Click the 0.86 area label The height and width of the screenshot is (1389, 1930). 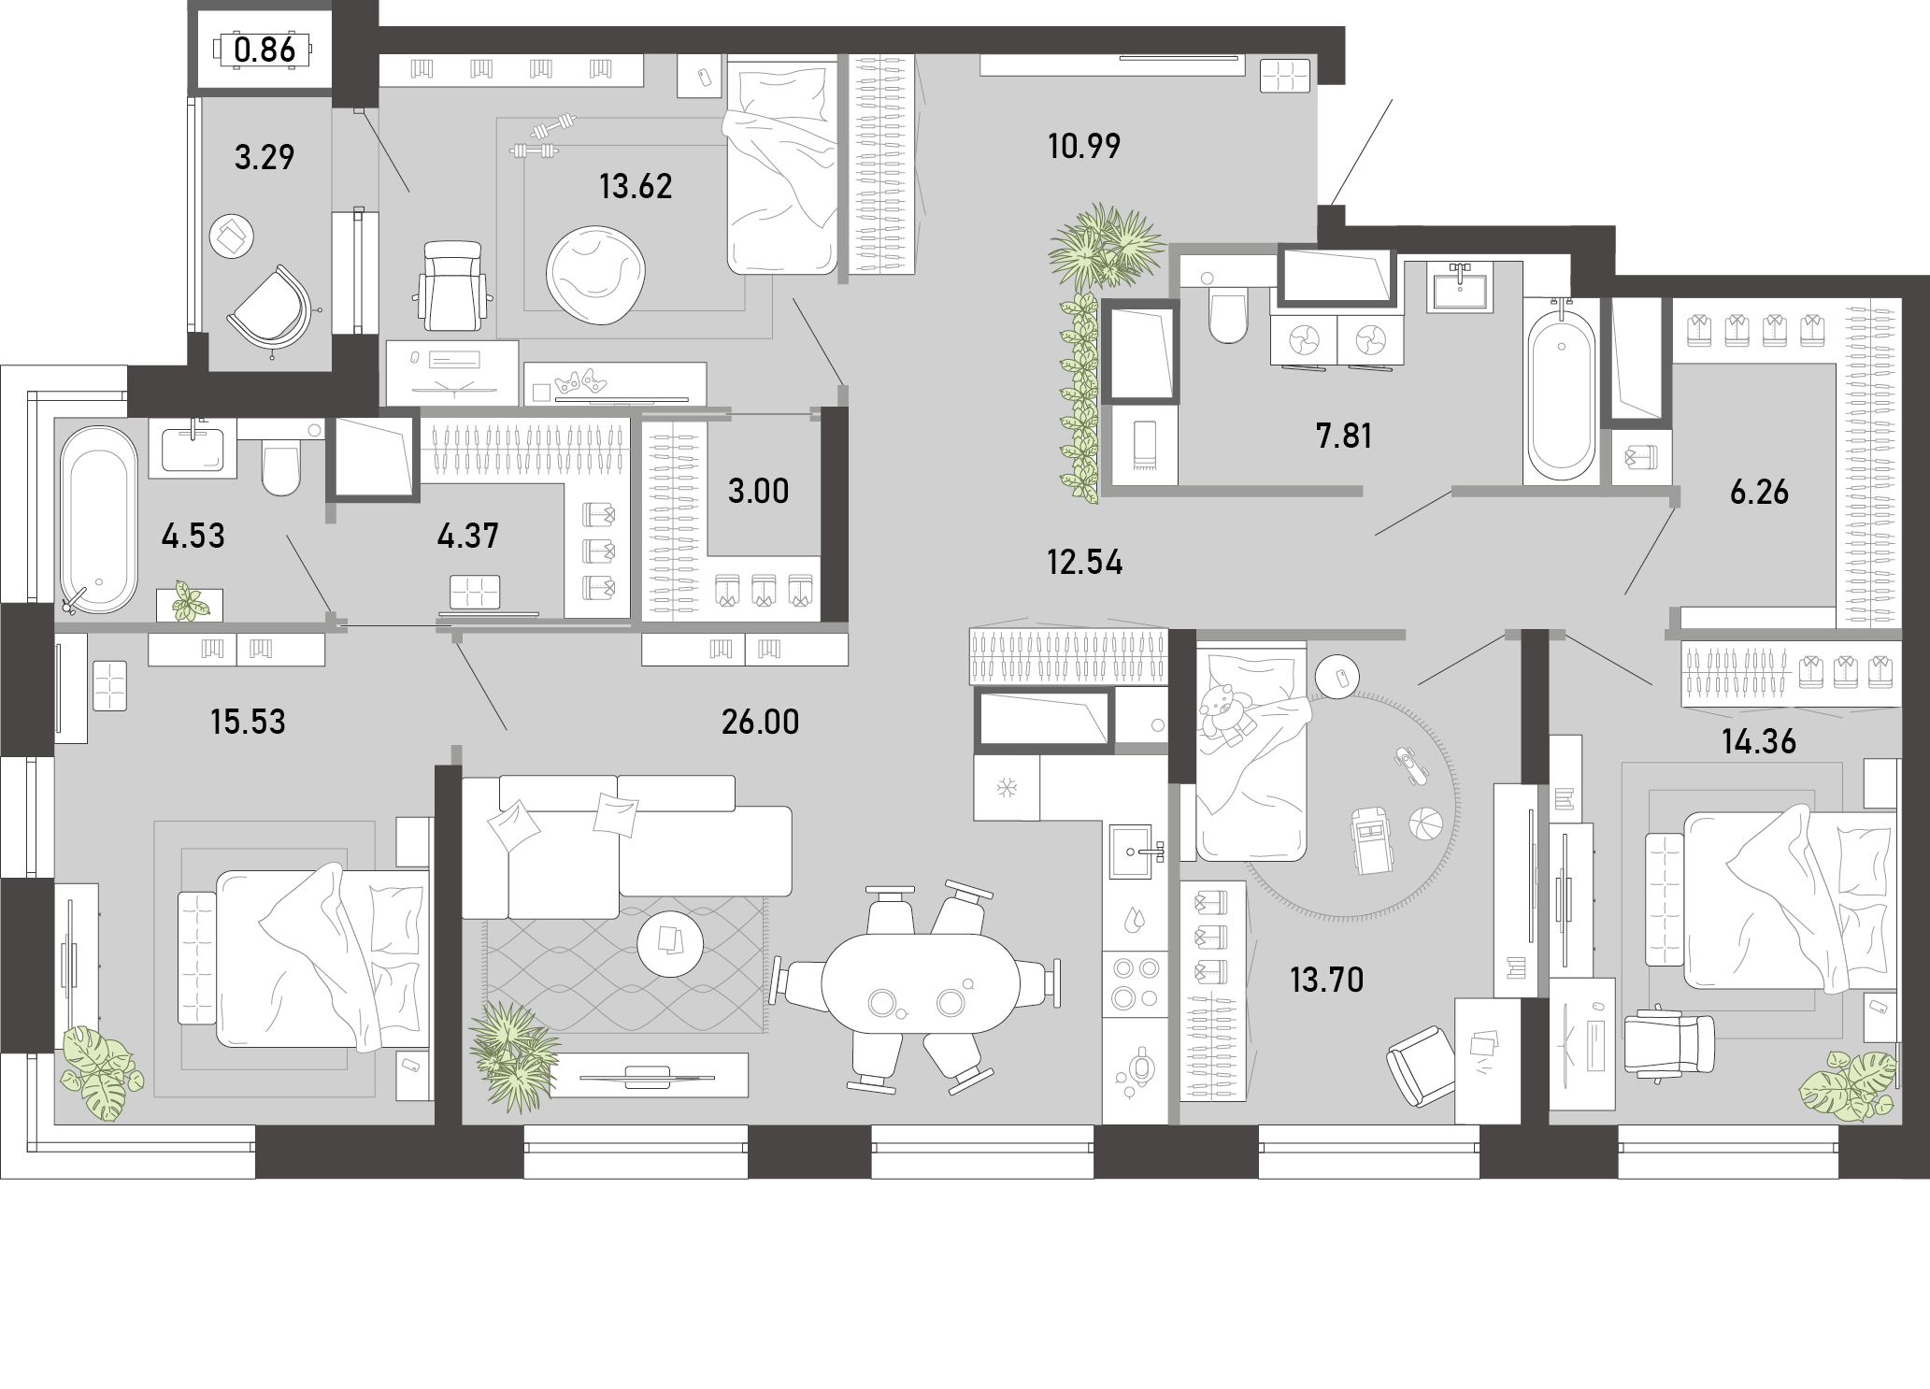(x=265, y=49)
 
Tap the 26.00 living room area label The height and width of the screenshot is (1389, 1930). (x=761, y=722)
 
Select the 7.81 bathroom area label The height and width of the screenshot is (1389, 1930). (x=1344, y=436)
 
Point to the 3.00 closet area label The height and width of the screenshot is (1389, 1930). (x=758, y=491)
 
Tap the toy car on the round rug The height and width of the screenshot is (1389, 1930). (x=1367, y=840)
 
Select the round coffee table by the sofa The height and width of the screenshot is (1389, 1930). (x=670, y=943)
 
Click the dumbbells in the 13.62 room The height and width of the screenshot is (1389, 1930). (x=543, y=136)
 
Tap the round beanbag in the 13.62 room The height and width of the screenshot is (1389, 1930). (x=595, y=278)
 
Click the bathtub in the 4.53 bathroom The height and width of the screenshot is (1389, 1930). (x=98, y=520)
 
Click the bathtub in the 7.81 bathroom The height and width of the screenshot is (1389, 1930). (x=1561, y=392)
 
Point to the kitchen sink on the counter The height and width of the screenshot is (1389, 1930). (x=1134, y=852)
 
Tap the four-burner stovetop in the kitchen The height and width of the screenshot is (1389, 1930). (x=1134, y=983)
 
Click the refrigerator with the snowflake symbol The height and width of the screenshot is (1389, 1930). (x=1007, y=787)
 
